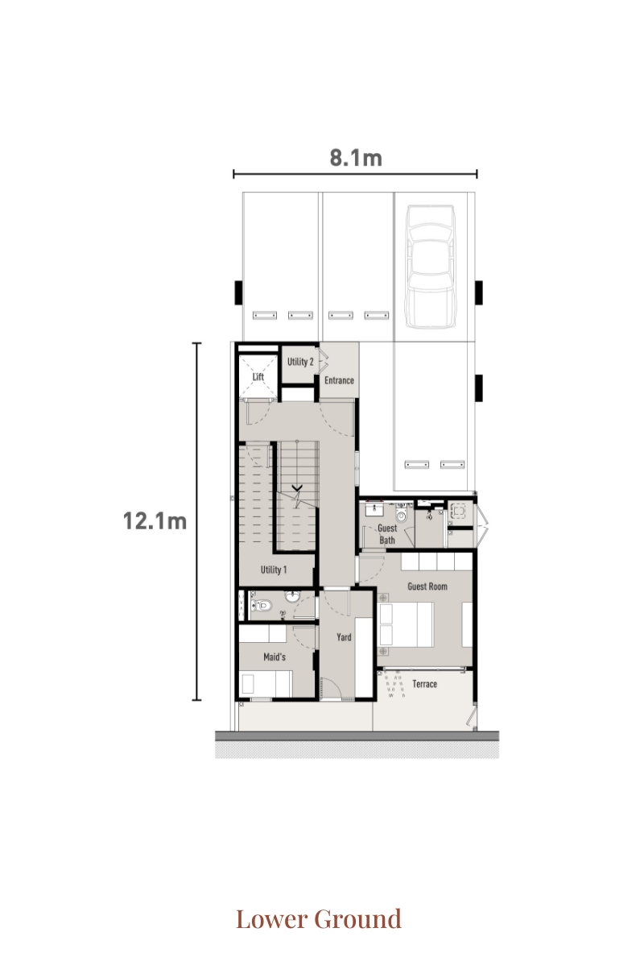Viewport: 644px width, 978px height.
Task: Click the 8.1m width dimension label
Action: [356, 158]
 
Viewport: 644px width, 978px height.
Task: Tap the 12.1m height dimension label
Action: [155, 521]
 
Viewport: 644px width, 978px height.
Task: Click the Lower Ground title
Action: [319, 918]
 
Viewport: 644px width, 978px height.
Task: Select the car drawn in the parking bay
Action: [431, 267]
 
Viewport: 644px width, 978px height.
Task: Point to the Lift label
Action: [258, 376]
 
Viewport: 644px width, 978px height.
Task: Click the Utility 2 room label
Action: [300, 362]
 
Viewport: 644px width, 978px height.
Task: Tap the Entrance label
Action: [339, 380]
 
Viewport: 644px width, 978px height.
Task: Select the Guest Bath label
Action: [387, 534]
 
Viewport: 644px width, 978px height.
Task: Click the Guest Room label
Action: [427, 586]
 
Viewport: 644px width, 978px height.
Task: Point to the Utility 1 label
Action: [274, 570]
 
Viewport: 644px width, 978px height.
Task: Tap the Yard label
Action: [344, 637]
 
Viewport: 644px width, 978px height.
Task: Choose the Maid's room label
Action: [275, 657]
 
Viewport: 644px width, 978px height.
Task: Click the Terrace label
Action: [424, 684]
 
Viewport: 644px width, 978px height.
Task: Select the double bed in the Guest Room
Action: [407, 625]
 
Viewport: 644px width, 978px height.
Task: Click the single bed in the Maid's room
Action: [266, 684]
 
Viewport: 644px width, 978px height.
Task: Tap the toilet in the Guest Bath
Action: [402, 514]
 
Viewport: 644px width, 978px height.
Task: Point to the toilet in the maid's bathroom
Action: [262, 606]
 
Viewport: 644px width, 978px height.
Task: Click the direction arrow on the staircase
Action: [297, 487]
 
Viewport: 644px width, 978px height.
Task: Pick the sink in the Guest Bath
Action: [374, 510]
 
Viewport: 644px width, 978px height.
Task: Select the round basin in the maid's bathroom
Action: [292, 595]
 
